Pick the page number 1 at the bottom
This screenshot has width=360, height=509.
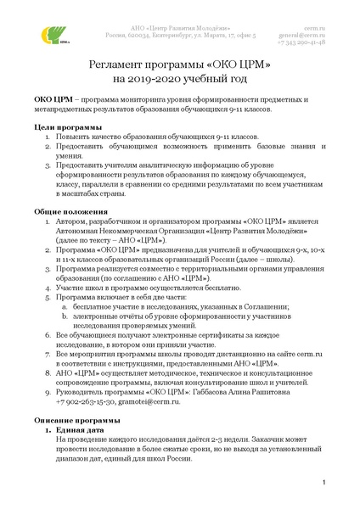coord(324,483)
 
